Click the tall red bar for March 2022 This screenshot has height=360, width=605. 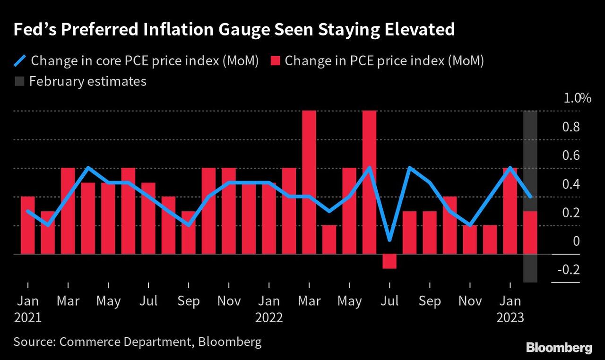click(309, 182)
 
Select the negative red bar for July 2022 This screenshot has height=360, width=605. click(389, 261)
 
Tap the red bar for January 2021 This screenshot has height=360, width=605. click(28, 225)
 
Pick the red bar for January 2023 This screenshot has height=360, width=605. click(510, 211)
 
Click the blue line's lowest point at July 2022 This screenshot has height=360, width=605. click(389, 240)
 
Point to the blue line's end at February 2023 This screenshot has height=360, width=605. click(530, 197)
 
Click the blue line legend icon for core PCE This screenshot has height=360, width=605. click(20, 61)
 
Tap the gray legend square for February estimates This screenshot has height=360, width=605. click(19, 81)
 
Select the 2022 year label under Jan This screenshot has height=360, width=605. click(269, 317)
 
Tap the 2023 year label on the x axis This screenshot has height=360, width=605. click(510, 317)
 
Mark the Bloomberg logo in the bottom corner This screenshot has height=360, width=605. click(559, 348)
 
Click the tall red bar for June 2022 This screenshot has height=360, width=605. click(370, 182)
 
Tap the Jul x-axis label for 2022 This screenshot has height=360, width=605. click(389, 301)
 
